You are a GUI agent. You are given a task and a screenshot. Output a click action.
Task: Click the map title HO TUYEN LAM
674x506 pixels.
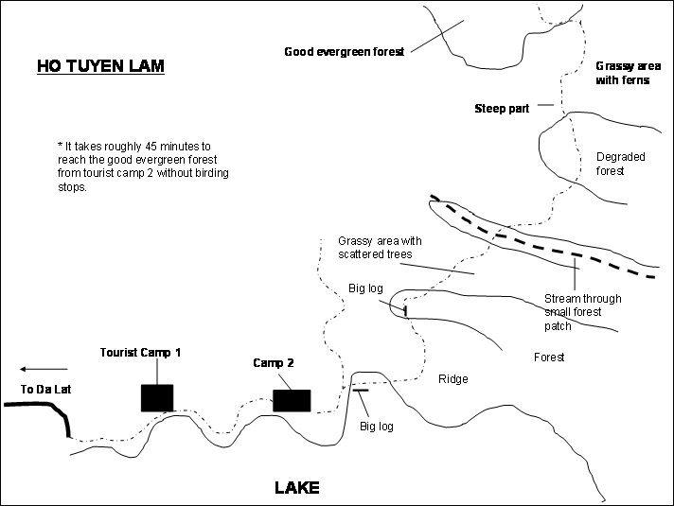tap(100, 66)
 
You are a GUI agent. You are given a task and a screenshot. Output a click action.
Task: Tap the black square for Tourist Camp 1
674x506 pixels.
tap(157, 398)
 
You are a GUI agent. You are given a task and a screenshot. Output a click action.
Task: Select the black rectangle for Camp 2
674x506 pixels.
tap(292, 400)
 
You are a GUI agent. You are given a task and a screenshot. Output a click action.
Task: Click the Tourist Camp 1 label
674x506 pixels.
tap(140, 353)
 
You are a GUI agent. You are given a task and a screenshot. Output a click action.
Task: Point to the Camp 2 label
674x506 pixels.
tap(274, 363)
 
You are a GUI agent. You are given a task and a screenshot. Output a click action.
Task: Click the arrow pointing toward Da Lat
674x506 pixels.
tap(44, 369)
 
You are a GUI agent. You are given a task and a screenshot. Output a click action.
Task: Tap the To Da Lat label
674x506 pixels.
tap(46, 389)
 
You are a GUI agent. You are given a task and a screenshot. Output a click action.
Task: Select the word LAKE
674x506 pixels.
tap(297, 487)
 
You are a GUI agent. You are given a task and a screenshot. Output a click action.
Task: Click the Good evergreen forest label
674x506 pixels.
tap(345, 52)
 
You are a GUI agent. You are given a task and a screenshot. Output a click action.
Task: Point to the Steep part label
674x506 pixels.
tap(502, 109)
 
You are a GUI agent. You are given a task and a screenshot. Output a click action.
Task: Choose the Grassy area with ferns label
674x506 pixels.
tap(628, 73)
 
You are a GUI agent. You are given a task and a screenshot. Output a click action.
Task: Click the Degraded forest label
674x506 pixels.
tap(620, 164)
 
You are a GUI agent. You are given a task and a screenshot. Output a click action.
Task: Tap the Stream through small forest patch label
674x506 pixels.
tap(582, 312)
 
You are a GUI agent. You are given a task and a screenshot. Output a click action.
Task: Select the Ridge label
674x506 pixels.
tap(453, 379)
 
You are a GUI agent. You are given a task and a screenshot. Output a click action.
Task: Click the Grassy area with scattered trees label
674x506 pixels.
tap(380, 248)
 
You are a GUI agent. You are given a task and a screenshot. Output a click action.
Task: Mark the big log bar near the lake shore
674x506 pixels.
tap(361, 390)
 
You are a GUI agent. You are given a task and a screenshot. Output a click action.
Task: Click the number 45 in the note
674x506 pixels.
tap(151, 147)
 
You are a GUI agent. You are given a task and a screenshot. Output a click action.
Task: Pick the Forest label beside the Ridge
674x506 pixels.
tap(549, 357)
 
